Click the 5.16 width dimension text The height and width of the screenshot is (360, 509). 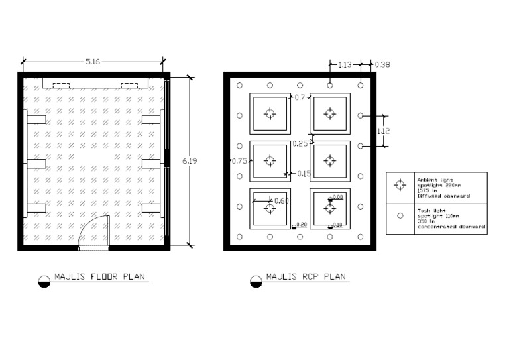tap(93, 61)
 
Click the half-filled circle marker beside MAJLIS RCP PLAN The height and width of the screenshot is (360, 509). tap(255, 281)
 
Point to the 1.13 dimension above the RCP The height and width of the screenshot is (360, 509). tap(345, 64)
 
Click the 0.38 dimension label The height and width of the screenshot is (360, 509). tap(382, 64)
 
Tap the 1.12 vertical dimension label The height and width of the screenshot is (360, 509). tap(383, 131)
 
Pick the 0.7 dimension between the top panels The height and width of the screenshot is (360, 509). tap(300, 97)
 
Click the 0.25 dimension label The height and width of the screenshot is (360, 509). tap(300, 143)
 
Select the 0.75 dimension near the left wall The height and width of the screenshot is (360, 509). tap(238, 160)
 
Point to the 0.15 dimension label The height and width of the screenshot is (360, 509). tap(304, 174)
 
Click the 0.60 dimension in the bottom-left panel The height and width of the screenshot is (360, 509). tap(281, 200)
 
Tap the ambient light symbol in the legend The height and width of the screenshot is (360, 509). tap(400, 185)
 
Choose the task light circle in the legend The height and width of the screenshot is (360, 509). tap(400, 215)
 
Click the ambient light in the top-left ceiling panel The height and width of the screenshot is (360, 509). tap(269, 114)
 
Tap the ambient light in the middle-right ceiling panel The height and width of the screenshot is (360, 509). tap(329, 160)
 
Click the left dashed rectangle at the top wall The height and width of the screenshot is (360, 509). tap(61, 84)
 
